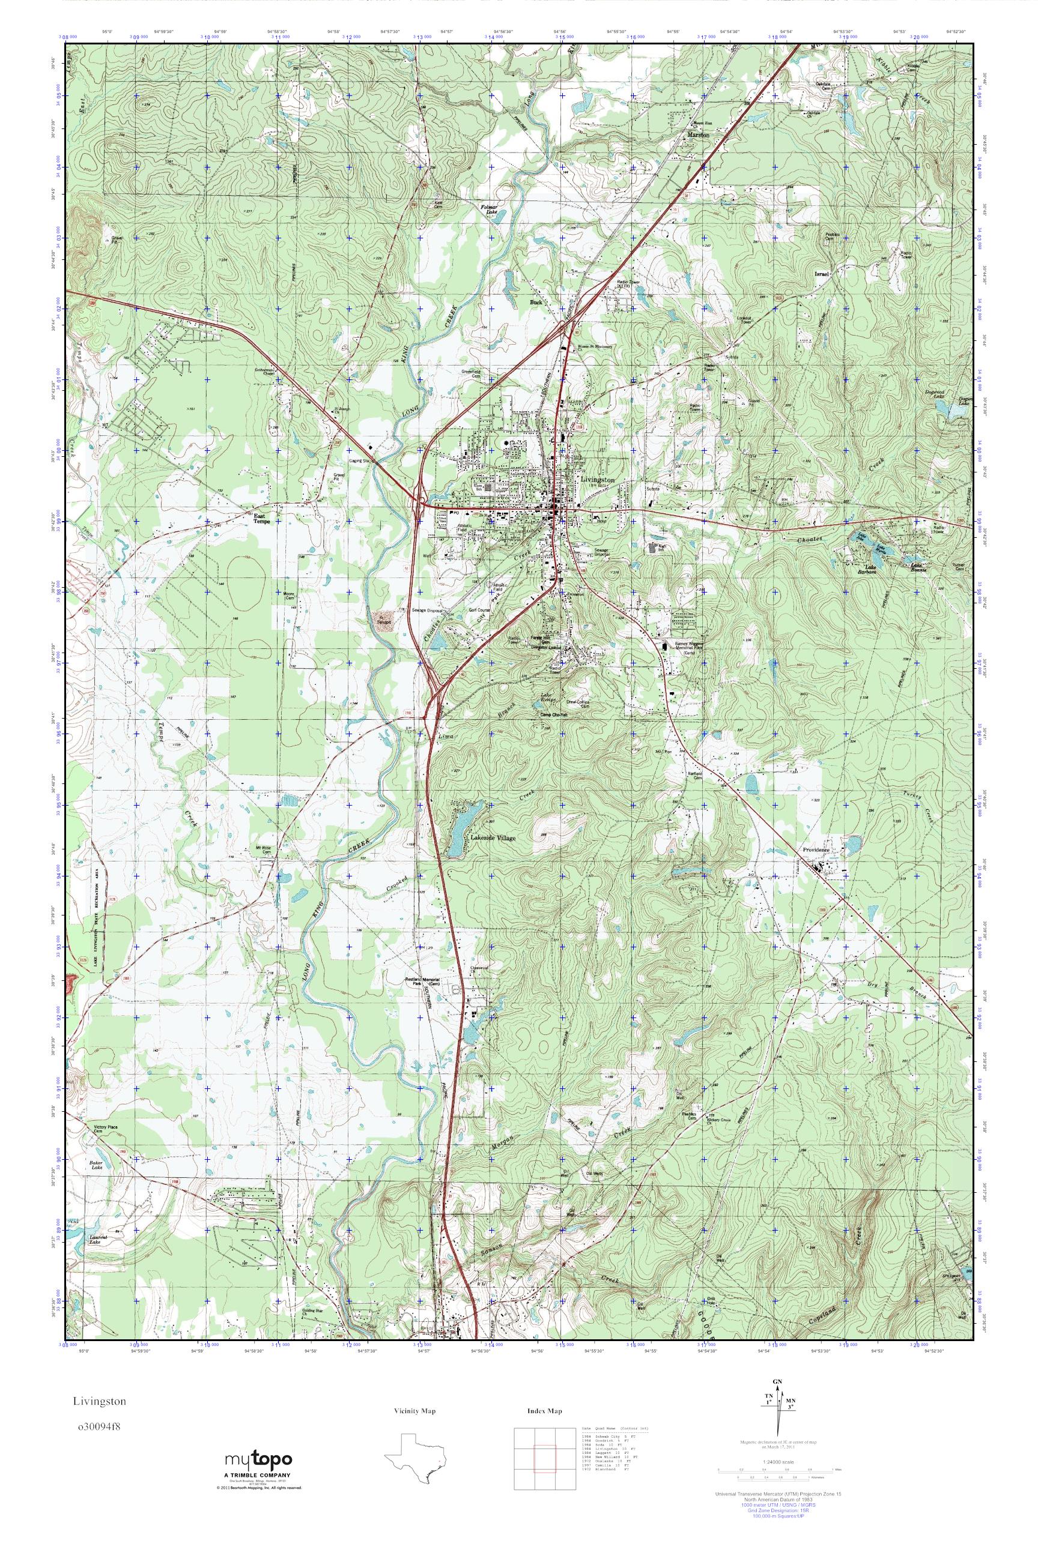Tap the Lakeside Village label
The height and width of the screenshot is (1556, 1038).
pos(493,837)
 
